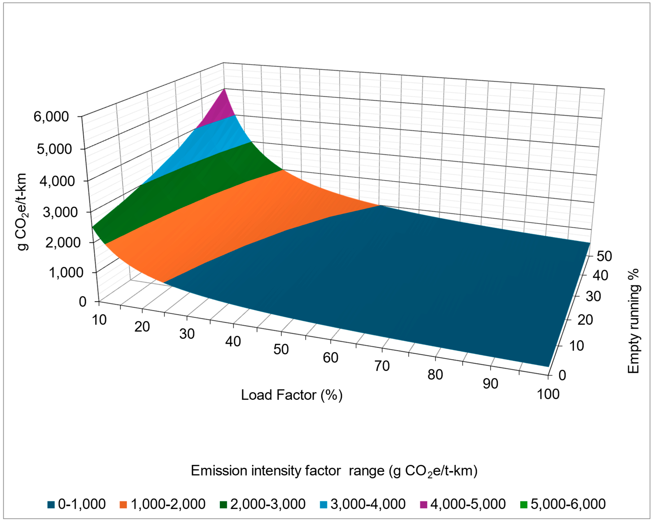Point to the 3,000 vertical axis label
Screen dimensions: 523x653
point(60,212)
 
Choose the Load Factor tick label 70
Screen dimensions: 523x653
point(382,366)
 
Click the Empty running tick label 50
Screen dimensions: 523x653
point(604,256)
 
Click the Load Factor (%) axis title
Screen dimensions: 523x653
point(291,395)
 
